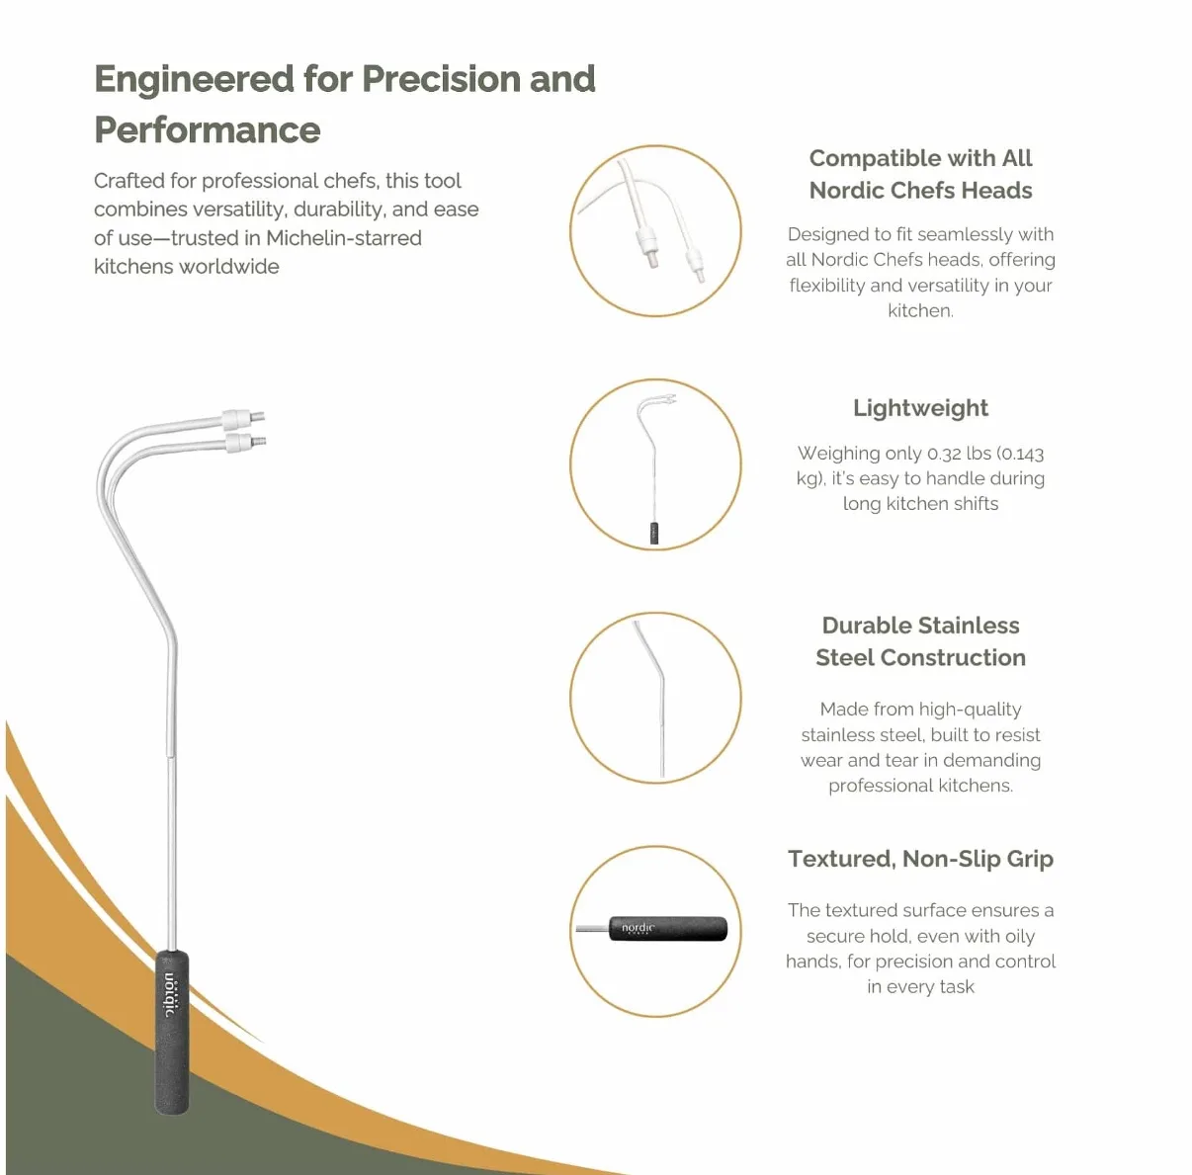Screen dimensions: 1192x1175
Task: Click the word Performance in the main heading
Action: click(208, 129)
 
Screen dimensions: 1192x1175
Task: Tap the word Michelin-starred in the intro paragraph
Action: click(344, 238)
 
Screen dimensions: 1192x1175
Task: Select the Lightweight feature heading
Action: click(920, 409)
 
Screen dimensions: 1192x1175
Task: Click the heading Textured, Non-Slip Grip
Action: click(920, 860)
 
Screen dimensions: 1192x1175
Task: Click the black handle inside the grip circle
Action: click(668, 929)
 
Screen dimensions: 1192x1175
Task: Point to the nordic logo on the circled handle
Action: click(638, 928)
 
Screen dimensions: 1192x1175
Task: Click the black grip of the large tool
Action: click(172, 1032)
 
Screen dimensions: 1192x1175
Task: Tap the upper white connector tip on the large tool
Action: click(243, 418)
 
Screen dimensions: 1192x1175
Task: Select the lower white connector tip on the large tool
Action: click(246, 443)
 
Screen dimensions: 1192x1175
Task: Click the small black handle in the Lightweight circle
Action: click(654, 534)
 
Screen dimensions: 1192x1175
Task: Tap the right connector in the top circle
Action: click(695, 264)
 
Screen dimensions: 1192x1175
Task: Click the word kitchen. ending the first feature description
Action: click(920, 310)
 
